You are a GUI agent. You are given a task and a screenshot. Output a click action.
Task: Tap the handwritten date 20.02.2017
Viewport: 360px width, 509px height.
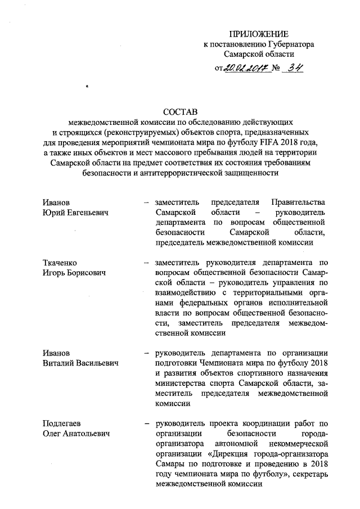[x=244, y=69]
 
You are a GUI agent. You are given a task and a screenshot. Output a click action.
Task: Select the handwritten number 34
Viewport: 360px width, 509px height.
[x=292, y=69]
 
